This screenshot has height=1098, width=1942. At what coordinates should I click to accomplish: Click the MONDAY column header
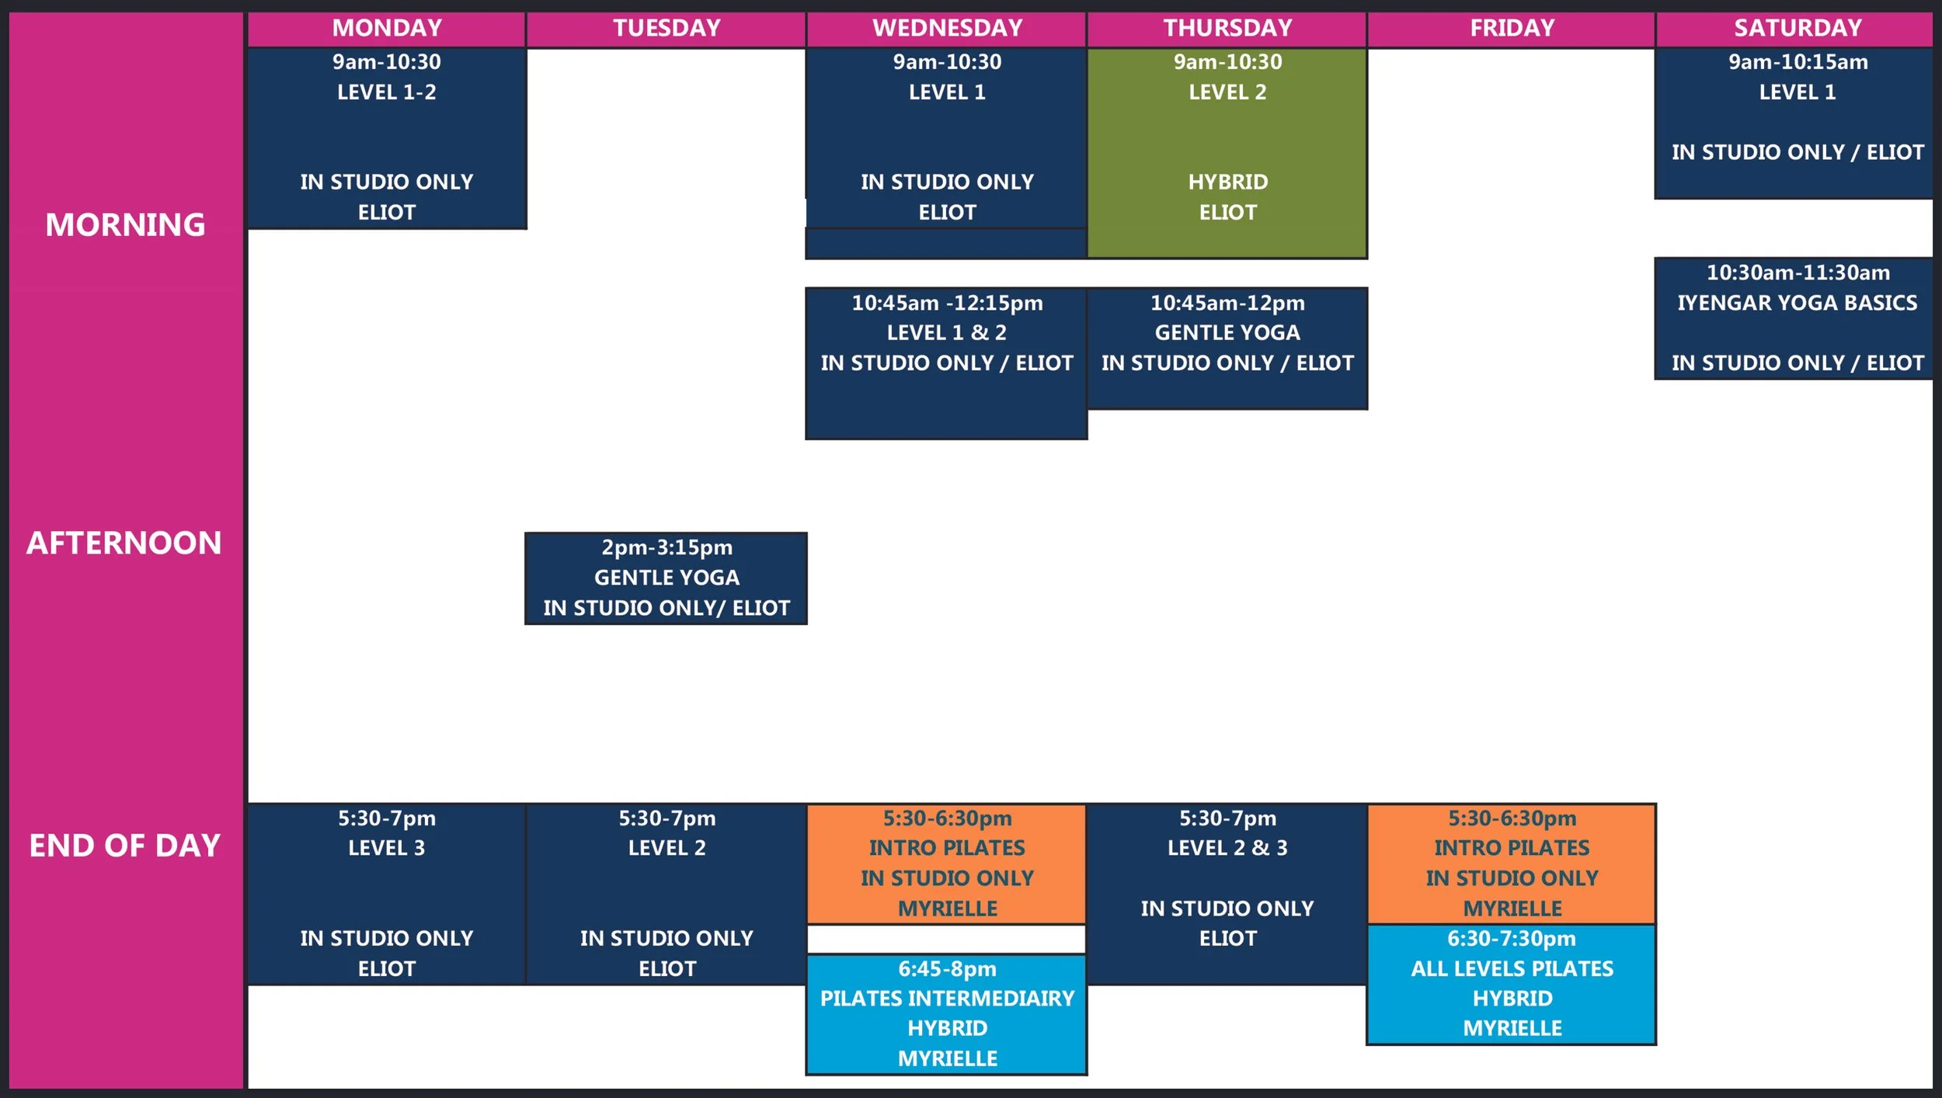[x=387, y=28]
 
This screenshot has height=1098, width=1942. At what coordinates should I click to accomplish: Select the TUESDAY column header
[x=666, y=28]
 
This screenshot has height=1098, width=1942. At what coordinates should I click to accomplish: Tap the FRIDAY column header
[x=1512, y=28]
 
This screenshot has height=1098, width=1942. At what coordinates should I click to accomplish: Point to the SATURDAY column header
[x=1798, y=28]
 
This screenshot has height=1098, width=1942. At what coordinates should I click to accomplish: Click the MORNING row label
[x=125, y=224]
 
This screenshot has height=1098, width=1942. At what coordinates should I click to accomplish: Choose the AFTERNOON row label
[x=124, y=543]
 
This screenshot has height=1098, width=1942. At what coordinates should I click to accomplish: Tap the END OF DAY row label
[x=125, y=845]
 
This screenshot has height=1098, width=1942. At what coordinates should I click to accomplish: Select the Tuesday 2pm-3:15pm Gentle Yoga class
[x=666, y=578]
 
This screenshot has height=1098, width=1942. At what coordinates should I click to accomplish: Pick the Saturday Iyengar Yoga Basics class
[x=1797, y=318]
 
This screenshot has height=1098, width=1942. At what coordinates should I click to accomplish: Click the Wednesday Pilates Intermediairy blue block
[x=947, y=1013]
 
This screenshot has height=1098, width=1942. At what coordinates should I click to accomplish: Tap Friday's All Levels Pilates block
[x=1512, y=984]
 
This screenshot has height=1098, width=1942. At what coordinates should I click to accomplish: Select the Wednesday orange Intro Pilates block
[x=947, y=863]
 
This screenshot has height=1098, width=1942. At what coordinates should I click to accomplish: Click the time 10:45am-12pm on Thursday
[x=1227, y=303]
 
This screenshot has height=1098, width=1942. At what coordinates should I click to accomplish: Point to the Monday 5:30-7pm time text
[x=387, y=818]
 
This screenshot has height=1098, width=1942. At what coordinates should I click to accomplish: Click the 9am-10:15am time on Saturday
[x=1798, y=62]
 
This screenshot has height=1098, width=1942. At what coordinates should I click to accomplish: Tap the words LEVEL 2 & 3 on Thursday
[x=1227, y=848]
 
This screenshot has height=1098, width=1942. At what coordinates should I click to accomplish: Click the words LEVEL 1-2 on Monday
[x=387, y=92]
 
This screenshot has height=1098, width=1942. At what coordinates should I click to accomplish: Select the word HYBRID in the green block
[x=1227, y=182]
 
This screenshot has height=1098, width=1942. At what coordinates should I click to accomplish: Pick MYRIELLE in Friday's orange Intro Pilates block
[x=1512, y=908]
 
